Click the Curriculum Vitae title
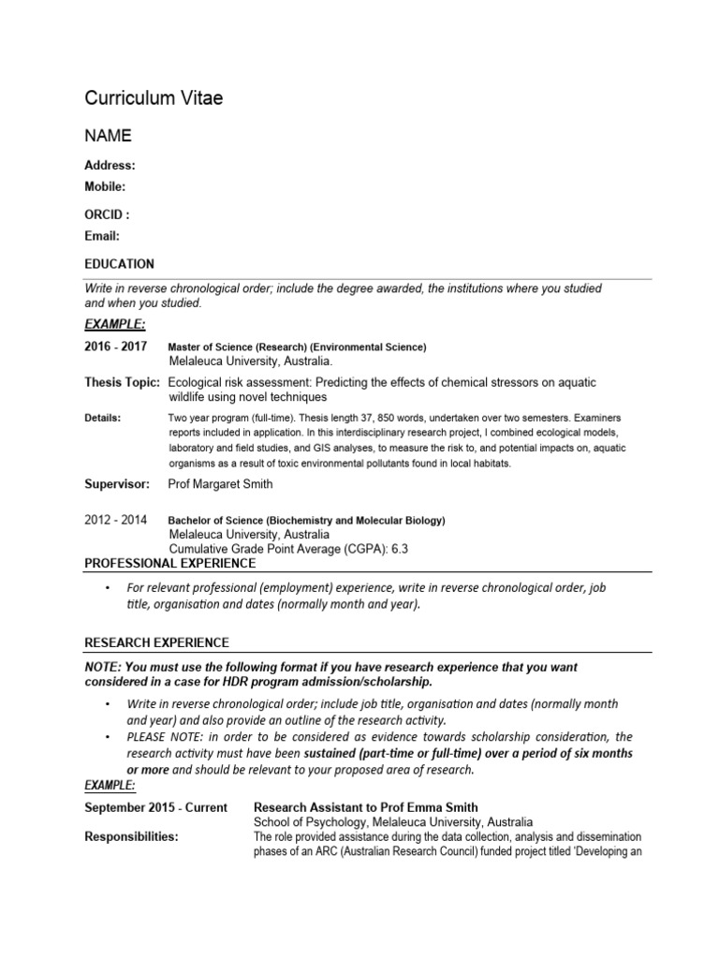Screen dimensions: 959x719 click(154, 98)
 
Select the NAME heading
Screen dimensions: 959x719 click(109, 136)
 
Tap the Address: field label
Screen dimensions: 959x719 click(110, 166)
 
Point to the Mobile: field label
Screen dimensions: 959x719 click(105, 186)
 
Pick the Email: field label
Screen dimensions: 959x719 click(102, 236)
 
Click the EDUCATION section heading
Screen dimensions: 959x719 click(119, 264)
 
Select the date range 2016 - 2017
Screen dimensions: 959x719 click(116, 347)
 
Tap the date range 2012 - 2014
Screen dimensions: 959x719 click(116, 520)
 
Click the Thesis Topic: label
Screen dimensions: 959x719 click(123, 383)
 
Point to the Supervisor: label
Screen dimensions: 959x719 click(117, 484)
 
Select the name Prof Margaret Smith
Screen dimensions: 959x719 click(220, 484)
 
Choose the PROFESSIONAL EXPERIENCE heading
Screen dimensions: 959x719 click(170, 563)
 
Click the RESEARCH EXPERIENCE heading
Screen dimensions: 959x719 click(156, 642)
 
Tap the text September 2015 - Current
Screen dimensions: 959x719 click(155, 807)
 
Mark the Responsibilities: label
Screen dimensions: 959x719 click(131, 836)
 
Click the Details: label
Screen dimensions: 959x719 click(103, 418)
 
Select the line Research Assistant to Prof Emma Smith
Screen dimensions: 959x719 click(366, 807)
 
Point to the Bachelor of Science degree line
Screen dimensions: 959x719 click(306, 521)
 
